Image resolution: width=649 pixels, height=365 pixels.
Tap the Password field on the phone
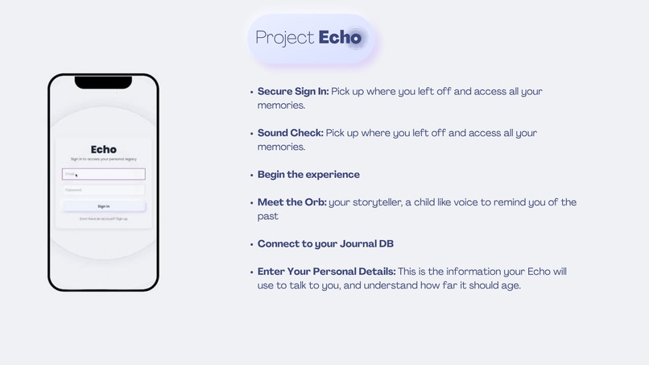[103, 190]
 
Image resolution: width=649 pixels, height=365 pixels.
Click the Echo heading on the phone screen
[103, 149]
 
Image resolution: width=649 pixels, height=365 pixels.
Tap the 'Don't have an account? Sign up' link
[103, 218]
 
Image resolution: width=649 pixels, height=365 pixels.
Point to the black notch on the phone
[103, 82]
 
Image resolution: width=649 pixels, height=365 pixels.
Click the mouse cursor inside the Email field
[76, 175]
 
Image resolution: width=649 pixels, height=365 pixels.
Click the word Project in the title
[284, 38]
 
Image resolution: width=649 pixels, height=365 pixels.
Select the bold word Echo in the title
[340, 38]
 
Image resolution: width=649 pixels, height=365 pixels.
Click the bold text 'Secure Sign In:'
[293, 92]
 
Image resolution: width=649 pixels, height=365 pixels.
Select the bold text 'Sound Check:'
[290, 133]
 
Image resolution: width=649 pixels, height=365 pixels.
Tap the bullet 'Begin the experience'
[308, 175]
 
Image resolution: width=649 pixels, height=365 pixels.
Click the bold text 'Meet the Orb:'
[291, 202]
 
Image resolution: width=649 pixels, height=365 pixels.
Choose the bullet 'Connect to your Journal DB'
[325, 244]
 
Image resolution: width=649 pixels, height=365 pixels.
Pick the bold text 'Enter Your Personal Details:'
[326, 272]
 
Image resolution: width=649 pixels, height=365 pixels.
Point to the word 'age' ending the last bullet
[509, 285]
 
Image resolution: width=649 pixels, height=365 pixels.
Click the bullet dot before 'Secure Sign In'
[251, 92]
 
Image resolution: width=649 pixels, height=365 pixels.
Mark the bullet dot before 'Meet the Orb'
[251, 203]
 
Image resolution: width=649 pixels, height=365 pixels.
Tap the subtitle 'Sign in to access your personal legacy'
[103, 160]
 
